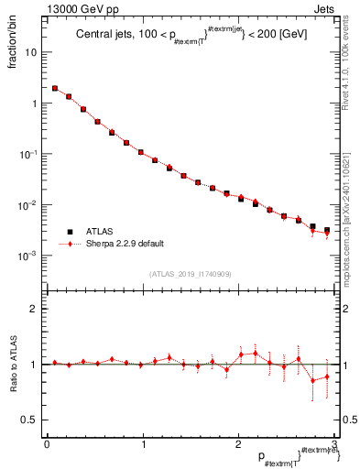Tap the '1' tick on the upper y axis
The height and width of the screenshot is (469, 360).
pos(35,104)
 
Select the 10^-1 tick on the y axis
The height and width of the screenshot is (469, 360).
pos(30,154)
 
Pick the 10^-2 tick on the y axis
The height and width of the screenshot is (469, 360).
pos(30,205)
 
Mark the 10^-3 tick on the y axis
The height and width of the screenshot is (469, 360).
pos(30,256)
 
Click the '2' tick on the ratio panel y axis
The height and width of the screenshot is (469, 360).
pos(35,310)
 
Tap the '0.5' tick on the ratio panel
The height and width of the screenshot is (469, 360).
pos(31,420)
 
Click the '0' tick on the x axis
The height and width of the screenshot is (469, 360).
pos(47,444)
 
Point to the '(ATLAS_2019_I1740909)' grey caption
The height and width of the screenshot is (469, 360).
pos(190,274)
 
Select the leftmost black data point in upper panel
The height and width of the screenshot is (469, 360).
pos(56,89)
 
